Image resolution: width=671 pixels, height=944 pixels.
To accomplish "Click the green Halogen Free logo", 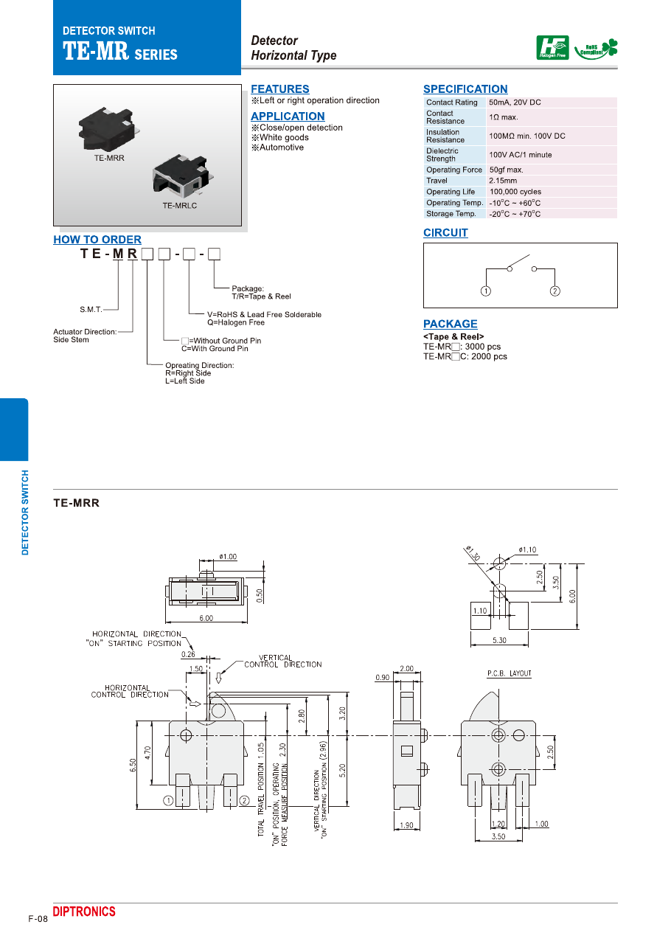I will click(552, 48).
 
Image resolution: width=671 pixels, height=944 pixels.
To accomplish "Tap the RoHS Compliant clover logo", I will click(596, 49).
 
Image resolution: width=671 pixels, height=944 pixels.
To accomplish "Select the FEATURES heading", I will click(279, 89).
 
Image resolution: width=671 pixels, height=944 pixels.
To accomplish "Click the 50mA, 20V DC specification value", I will click(515, 103).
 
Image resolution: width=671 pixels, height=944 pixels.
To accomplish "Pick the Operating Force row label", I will click(453, 170).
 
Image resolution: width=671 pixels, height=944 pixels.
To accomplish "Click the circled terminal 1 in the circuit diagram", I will click(486, 291).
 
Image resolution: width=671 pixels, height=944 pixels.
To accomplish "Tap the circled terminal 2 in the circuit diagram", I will click(554, 291).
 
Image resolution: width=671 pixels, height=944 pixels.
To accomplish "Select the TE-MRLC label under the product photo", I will click(180, 206).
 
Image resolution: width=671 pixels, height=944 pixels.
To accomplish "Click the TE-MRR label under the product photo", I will click(109, 158).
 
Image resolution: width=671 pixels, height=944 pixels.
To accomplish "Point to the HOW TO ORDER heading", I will click(97, 240).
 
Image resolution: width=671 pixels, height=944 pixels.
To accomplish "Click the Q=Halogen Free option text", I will click(235, 323).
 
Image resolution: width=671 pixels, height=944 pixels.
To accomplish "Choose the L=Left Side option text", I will click(185, 381).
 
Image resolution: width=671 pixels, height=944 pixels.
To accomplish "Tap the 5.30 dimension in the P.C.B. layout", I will click(499, 640).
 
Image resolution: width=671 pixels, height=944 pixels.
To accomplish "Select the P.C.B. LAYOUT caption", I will click(509, 673).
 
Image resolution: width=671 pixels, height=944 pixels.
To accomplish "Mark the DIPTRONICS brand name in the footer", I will click(84, 912).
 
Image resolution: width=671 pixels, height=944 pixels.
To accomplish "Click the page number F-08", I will click(38, 919).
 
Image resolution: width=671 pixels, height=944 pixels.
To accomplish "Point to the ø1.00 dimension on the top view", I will click(228, 557).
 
